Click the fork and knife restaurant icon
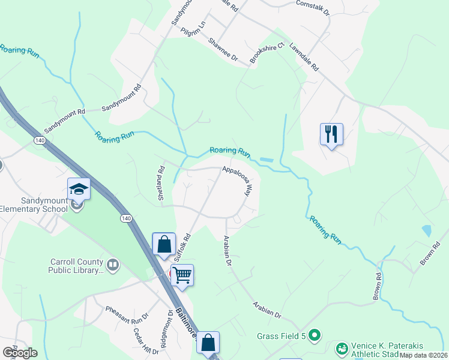pos(330,134)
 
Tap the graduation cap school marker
pos(79,189)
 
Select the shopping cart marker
pos(182,275)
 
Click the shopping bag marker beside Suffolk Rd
pos(164,244)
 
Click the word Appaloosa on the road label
pos(234,171)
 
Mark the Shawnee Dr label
pos(223,50)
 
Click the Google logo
pos(19,352)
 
